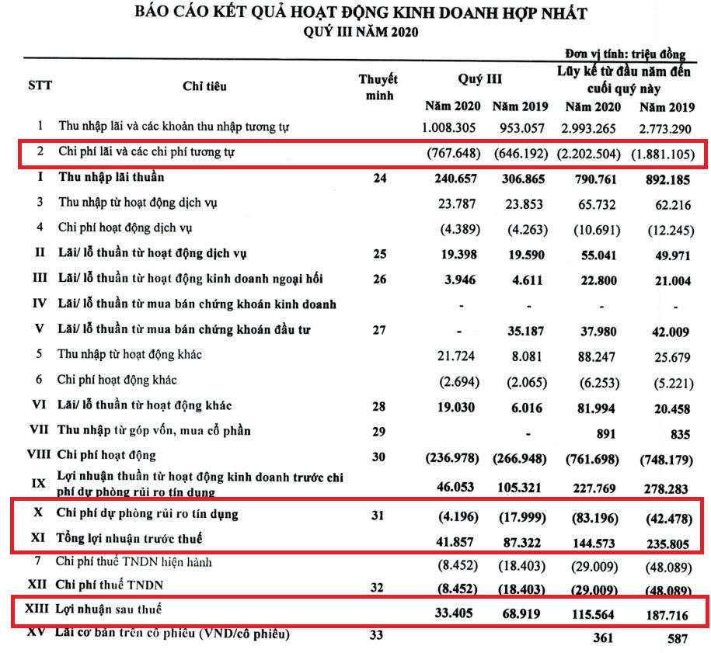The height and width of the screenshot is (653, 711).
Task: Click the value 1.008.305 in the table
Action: click(451, 126)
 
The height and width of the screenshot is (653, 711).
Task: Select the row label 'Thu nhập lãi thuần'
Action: click(111, 178)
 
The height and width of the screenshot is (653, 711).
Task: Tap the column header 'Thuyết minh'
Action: click(378, 87)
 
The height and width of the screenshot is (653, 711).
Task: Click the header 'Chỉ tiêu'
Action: click(205, 86)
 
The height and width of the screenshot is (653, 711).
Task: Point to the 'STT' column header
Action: click(40, 85)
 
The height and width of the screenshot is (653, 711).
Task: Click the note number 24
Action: click(378, 178)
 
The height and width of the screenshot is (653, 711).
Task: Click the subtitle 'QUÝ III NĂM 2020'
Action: click(361, 32)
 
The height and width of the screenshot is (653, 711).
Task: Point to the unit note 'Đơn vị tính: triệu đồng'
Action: click(626, 54)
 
